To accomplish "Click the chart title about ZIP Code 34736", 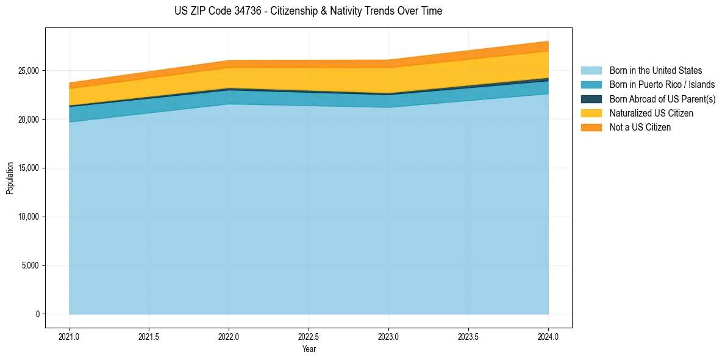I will click(x=308, y=11).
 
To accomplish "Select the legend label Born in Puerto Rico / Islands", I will click(x=662, y=85).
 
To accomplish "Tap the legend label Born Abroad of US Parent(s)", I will click(x=662, y=99).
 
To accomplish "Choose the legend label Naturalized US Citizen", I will click(x=651, y=113).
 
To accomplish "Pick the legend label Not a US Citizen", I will click(x=640, y=128).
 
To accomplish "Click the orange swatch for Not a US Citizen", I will click(x=591, y=128).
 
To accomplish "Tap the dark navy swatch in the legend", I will click(x=591, y=99).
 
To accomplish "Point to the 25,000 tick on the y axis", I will click(x=28, y=71).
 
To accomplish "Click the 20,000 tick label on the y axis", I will click(x=28, y=120).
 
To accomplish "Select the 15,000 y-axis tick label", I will click(x=28, y=168).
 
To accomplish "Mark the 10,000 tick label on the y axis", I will click(x=28, y=217).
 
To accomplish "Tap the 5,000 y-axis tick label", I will click(x=30, y=266).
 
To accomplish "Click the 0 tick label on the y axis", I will click(x=37, y=314).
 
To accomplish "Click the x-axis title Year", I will click(x=309, y=349).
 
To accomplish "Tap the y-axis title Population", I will click(x=10, y=178).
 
